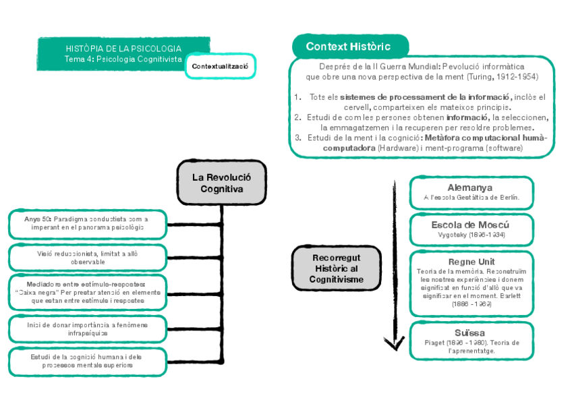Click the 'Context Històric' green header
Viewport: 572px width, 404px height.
click(x=350, y=47)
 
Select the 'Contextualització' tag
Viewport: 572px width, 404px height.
click(x=220, y=66)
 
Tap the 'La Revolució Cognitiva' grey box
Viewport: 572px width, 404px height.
click(x=221, y=183)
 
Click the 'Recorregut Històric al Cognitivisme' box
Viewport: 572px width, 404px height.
click(x=337, y=268)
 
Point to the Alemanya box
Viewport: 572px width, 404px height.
click(x=470, y=192)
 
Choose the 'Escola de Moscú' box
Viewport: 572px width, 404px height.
click(x=470, y=229)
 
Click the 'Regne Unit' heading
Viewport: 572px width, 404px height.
click(x=471, y=262)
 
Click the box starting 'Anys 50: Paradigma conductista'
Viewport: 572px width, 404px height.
click(x=88, y=223)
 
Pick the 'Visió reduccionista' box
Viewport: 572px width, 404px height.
click(x=88, y=257)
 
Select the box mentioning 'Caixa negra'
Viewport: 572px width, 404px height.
click(x=88, y=292)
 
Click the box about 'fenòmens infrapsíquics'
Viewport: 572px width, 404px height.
click(x=88, y=328)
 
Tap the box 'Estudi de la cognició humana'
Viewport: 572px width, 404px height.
click(x=88, y=361)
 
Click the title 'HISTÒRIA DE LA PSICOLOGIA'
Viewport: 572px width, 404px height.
click(x=123, y=49)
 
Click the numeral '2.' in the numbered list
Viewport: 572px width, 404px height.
click(x=297, y=117)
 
